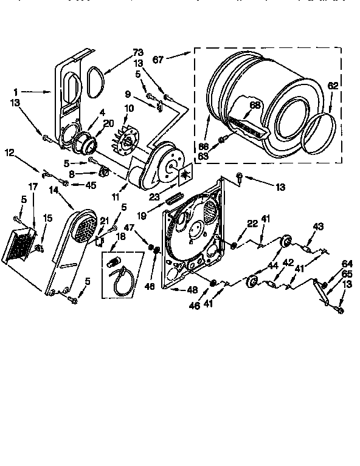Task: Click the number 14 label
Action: tap(54, 190)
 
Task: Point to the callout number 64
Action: tap(347, 263)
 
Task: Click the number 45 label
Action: tap(91, 186)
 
